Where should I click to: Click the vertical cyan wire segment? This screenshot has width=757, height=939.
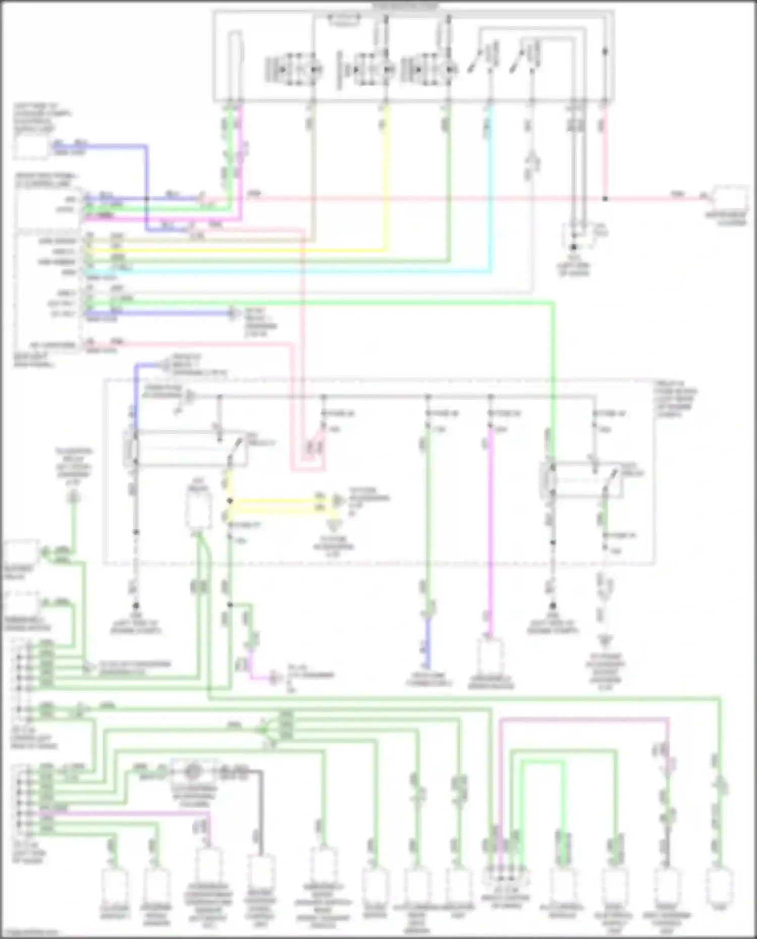[x=491, y=192]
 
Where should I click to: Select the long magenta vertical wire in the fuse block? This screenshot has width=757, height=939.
[x=490, y=530]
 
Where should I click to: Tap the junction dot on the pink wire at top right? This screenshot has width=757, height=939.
[x=605, y=199]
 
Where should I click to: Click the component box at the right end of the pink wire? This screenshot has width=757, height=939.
[x=730, y=199]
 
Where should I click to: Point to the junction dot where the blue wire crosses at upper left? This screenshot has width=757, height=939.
[x=147, y=199]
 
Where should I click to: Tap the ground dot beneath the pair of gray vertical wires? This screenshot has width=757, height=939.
[x=573, y=247]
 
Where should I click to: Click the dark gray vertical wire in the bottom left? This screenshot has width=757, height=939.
[x=261, y=812]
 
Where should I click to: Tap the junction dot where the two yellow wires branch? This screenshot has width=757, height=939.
[x=230, y=501]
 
